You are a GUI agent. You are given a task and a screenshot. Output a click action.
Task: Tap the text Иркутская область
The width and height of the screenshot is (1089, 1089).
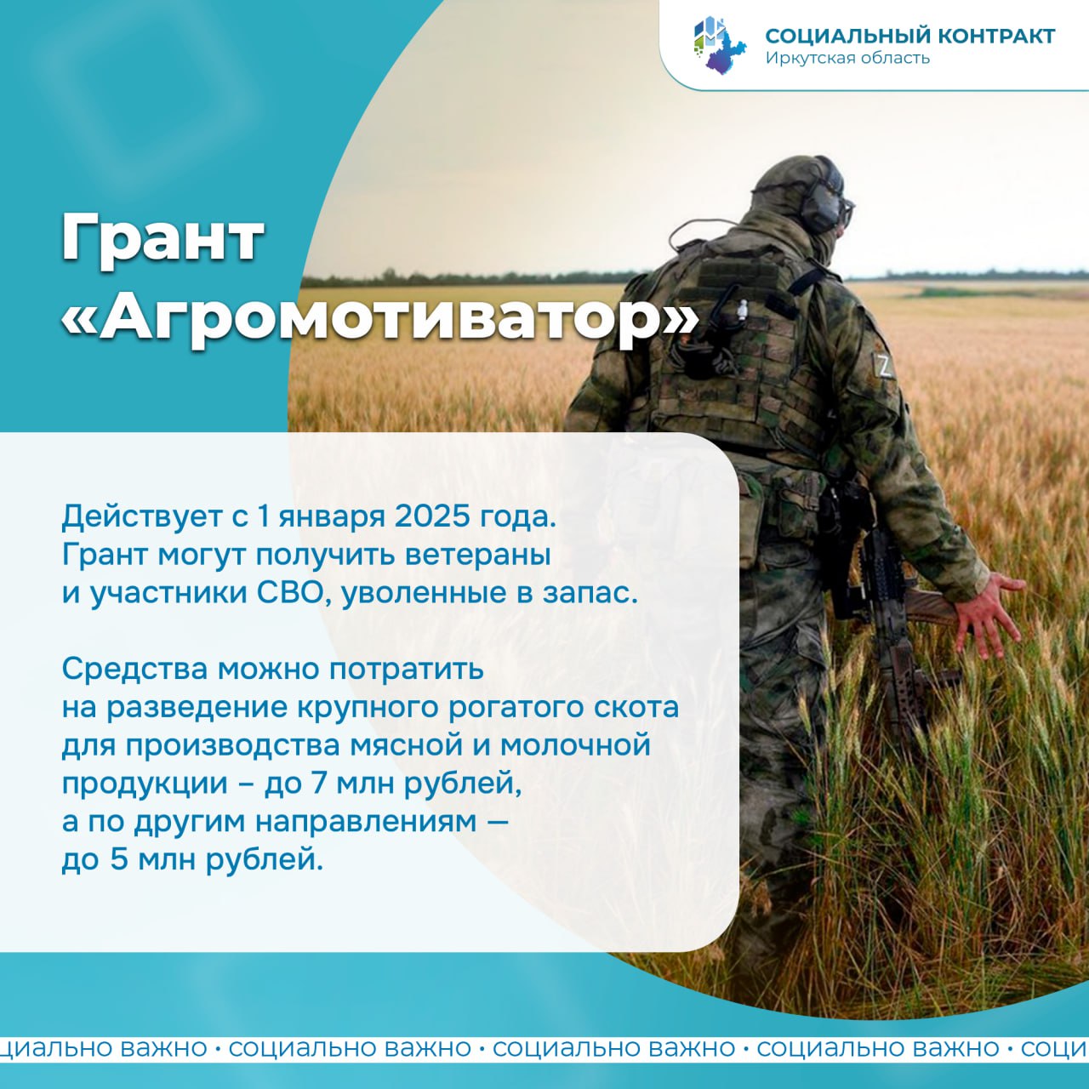click(847, 58)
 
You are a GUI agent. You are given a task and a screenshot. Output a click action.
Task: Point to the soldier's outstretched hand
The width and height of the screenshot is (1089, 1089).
click(989, 614)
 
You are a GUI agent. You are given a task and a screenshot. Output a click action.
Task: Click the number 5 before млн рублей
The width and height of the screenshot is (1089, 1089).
click(119, 859)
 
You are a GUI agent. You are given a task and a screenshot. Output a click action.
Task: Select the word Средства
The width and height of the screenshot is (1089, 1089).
click(134, 669)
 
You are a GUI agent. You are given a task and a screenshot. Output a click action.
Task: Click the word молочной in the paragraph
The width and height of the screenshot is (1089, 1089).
click(575, 744)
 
